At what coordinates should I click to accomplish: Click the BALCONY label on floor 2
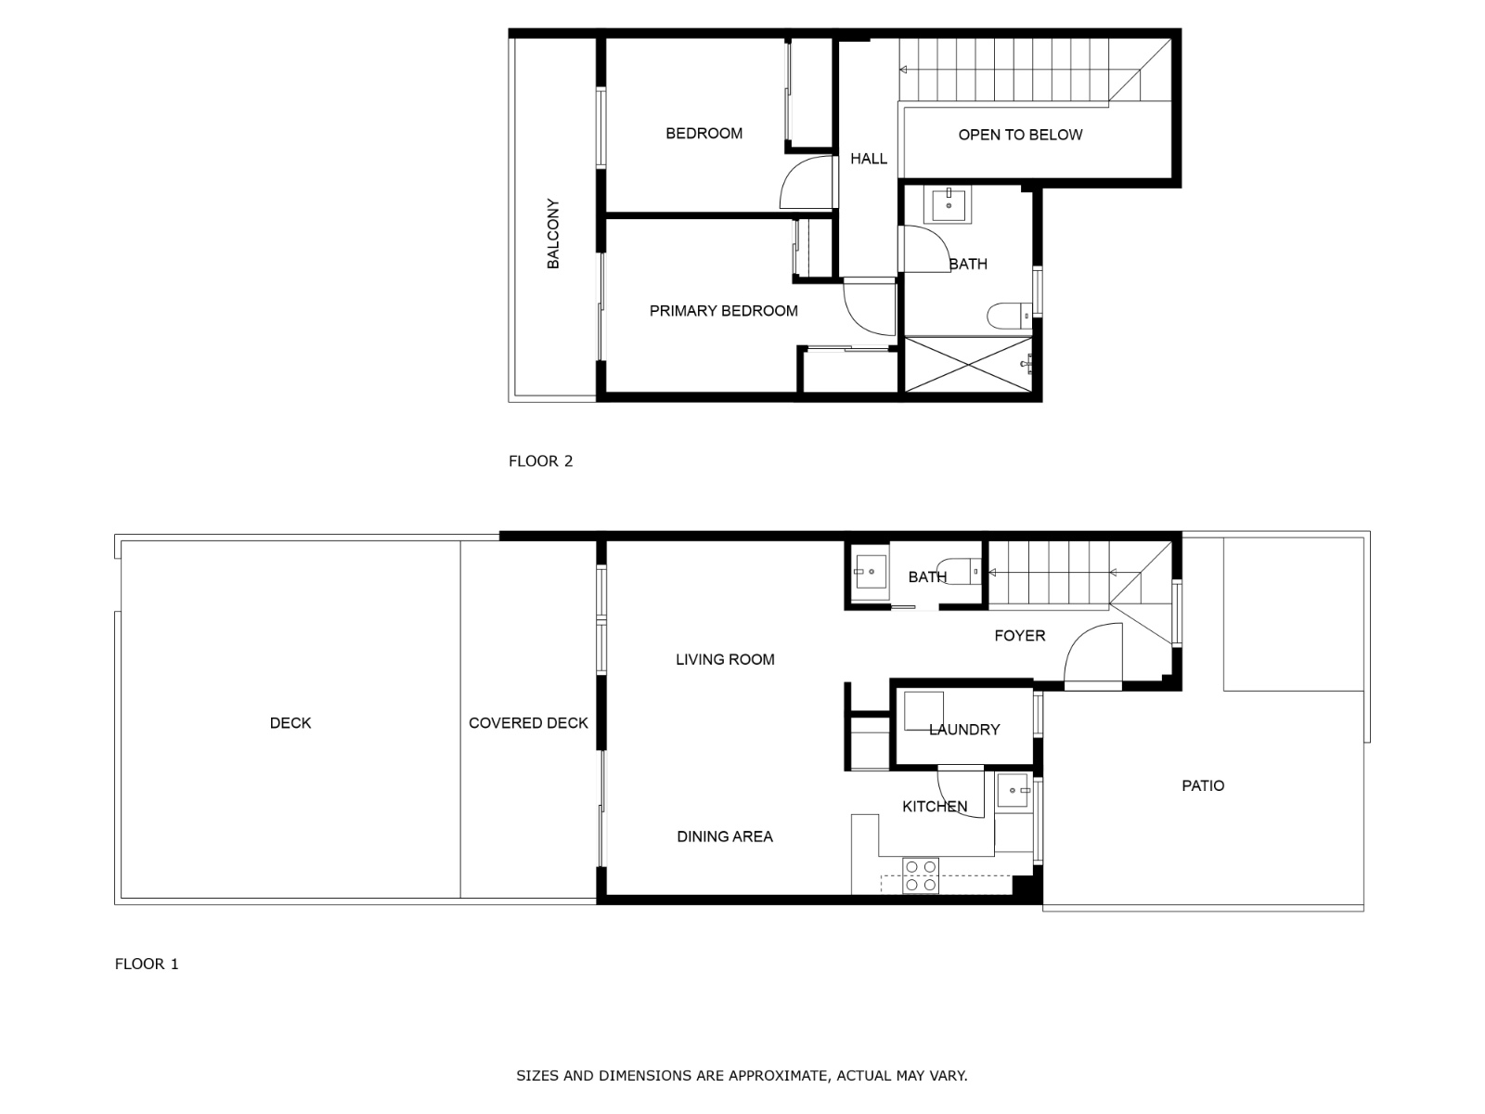(x=553, y=234)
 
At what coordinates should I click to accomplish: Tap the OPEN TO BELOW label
(x=1020, y=135)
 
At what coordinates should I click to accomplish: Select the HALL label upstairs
(x=869, y=159)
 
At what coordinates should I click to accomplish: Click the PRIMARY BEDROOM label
(x=723, y=311)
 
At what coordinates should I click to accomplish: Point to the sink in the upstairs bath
(x=950, y=204)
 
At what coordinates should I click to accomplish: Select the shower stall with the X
(x=968, y=365)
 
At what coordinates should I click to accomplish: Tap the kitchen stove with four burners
(x=921, y=875)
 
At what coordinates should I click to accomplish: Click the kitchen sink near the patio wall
(x=1014, y=791)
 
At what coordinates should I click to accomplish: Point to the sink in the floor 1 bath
(x=871, y=572)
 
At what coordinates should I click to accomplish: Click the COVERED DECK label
(x=528, y=723)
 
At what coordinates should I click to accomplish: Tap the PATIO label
(x=1203, y=786)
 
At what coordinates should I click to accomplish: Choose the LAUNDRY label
(x=964, y=731)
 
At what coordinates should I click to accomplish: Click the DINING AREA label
(x=724, y=836)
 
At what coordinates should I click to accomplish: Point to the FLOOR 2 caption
(x=540, y=461)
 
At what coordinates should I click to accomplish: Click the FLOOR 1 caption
(x=147, y=964)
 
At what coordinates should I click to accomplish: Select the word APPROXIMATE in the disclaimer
(x=778, y=1076)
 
